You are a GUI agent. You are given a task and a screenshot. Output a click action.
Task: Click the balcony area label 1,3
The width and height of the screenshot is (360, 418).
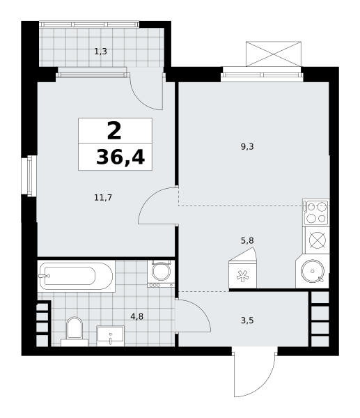[x=100, y=51]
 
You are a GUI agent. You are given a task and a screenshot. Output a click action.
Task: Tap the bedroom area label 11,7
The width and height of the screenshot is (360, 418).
[x=103, y=198]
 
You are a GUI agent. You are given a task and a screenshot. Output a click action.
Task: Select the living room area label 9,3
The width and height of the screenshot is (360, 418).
[x=247, y=146]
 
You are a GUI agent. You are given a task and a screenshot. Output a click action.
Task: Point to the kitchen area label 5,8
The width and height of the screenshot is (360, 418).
[x=247, y=240]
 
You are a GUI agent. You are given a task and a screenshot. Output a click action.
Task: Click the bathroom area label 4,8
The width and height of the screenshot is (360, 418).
[x=137, y=316]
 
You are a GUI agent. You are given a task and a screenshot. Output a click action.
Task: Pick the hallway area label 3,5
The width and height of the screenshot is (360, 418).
[x=247, y=320]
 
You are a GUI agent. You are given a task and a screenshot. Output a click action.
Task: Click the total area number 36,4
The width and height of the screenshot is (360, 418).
[x=120, y=157]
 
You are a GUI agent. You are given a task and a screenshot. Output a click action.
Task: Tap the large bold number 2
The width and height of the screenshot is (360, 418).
[x=114, y=130]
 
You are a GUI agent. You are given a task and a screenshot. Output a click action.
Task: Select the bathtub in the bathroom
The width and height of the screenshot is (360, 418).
[x=76, y=276]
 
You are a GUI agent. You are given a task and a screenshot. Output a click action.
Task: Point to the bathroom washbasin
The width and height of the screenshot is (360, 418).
[x=110, y=336]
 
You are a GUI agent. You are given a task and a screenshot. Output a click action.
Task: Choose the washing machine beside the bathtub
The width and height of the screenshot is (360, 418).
[x=161, y=274]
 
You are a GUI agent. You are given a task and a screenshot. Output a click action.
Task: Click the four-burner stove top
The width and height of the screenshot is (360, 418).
[x=316, y=212]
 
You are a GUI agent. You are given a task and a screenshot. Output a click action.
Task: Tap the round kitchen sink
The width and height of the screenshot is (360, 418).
[x=313, y=271]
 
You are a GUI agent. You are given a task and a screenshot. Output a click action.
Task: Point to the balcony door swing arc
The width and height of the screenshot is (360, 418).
[x=141, y=99]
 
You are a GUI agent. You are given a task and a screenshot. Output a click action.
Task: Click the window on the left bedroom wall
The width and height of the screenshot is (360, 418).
[x=29, y=176]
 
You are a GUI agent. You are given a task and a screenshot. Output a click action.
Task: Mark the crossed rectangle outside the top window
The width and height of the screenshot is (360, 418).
[x=274, y=54]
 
